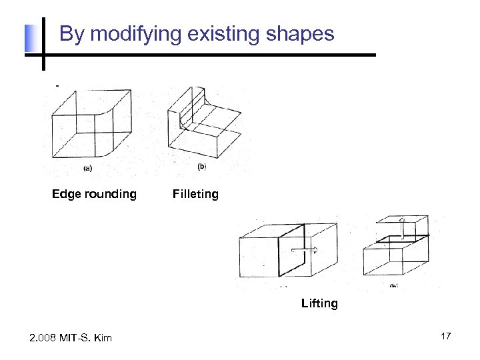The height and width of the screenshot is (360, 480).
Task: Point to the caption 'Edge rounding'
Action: (94, 194)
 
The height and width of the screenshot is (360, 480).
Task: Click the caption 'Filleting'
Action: (195, 194)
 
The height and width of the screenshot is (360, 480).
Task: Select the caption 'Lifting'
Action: (319, 303)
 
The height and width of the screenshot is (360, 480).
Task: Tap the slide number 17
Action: (445, 336)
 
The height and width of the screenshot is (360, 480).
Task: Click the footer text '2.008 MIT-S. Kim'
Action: (71, 338)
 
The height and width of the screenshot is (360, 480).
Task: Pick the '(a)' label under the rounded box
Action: (88, 168)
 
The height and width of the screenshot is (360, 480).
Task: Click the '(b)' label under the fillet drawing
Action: (202, 167)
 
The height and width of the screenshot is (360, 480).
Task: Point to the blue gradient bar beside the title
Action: (29, 38)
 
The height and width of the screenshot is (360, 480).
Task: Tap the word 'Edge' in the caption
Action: (65, 194)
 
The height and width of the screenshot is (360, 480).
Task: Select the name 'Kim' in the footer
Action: (102, 338)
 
